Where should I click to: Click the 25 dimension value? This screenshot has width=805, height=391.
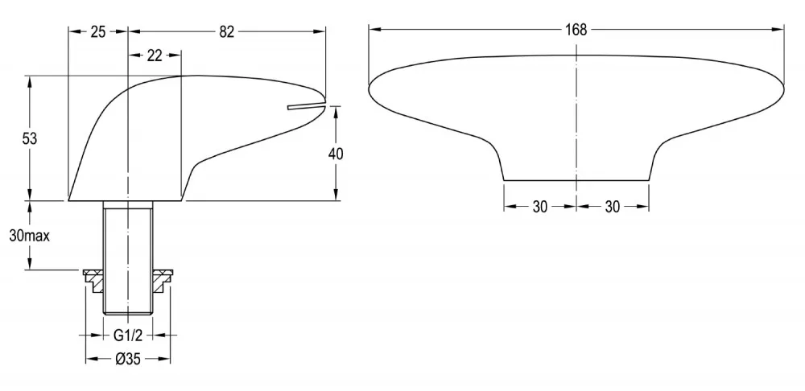click(97, 32)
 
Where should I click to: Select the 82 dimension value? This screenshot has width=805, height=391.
click(226, 32)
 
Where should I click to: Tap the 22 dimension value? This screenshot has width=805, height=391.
click(154, 56)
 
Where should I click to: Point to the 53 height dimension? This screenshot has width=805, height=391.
click(30, 138)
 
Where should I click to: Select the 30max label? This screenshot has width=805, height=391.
click(29, 236)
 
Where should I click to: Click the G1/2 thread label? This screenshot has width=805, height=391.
click(127, 335)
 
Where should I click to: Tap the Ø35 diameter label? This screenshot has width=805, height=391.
click(128, 360)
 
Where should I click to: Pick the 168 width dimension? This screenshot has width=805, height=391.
click(576, 30)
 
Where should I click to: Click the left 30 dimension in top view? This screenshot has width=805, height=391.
click(539, 207)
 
